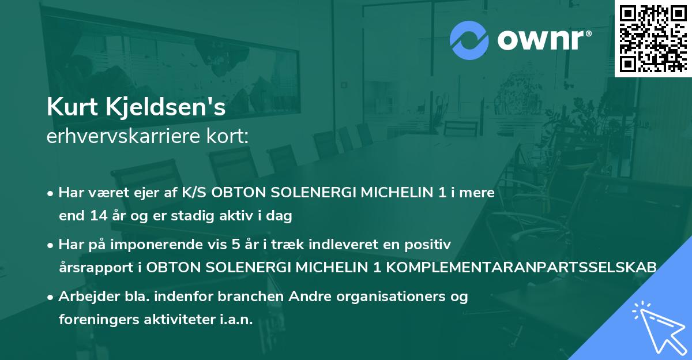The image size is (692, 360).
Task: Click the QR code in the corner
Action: tap(653, 39)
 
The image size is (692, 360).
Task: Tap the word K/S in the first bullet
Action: tap(195, 193)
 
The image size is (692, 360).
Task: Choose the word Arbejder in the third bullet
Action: tap(84, 297)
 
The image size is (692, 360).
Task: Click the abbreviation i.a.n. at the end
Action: tap(236, 320)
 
